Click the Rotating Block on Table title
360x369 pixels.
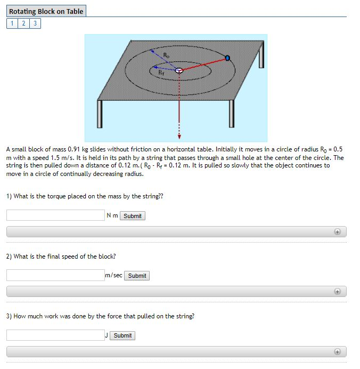point(46,11)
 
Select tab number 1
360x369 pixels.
point(12,23)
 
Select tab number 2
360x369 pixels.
point(23,23)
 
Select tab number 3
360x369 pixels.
point(35,23)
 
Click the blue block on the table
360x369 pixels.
point(228,58)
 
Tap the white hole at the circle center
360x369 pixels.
point(179,70)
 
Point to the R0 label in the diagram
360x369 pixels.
point(166,54)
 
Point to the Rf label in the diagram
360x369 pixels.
point(161,71)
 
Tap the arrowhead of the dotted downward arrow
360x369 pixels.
point(179,135)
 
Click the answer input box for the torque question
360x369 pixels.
point(55,215)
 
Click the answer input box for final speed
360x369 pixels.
point(55,275)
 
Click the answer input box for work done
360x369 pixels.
point(55,335)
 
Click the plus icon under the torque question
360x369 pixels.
point(337,232)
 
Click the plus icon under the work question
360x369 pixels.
point(337,351)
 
